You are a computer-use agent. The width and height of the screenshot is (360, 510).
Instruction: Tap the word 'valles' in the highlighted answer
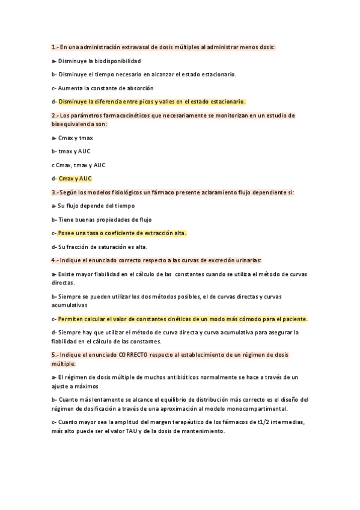point(167,102)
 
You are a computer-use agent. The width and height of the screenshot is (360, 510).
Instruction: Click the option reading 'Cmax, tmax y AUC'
point(81,165)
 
